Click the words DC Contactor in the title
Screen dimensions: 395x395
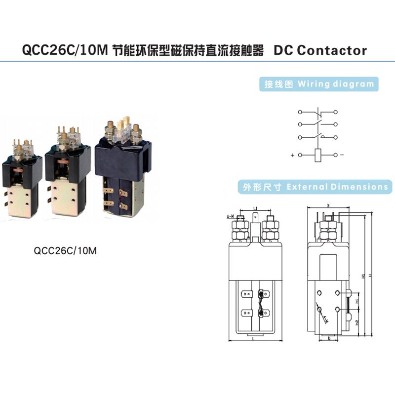pos(320,50)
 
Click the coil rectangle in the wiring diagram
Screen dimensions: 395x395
pos(318,155)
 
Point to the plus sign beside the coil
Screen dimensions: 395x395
pos(293,155)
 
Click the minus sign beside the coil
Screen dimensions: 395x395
pos(342,155)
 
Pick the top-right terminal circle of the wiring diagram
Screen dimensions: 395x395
pos(336,112)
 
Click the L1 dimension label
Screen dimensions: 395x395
pos(255,208)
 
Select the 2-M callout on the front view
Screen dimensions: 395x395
pos(230,216)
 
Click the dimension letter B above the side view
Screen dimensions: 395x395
pos(328,205)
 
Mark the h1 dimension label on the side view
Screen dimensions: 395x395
pos(357,301)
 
